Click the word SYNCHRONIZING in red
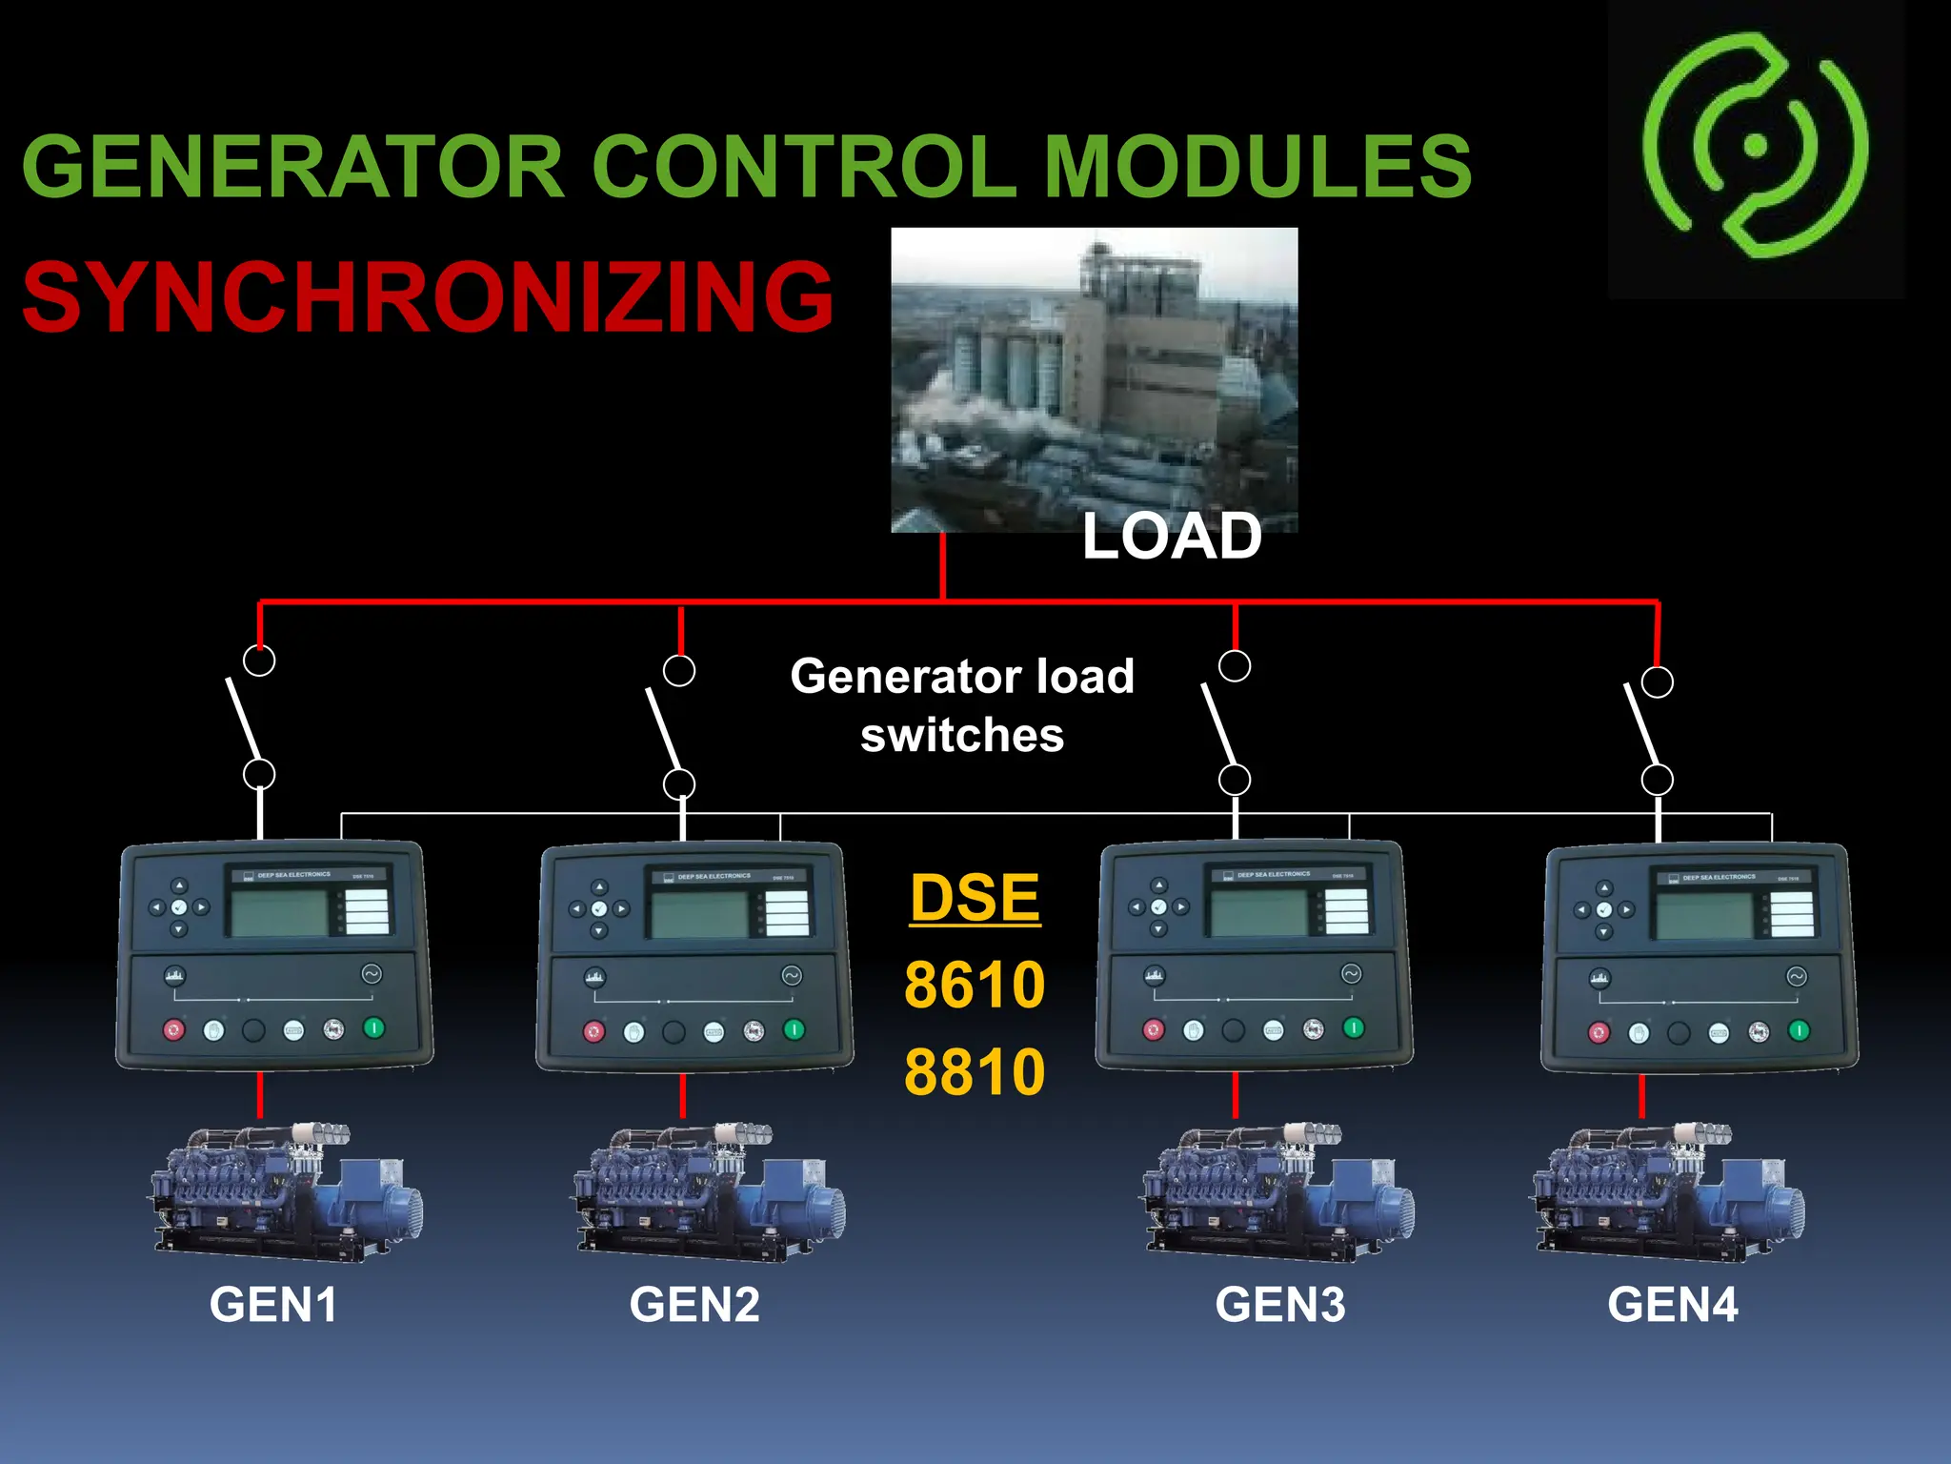(x=428, y=297)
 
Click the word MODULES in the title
(x=1257, y=167)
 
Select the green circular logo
(x=1756, y=146)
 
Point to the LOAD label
(x=1171, y=537)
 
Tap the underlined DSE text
(x=975, y=898)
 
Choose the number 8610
(x=975, y=985)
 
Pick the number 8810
(x=975, y=1071)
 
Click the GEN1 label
(x=273, y=1305)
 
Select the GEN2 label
(x=694, y=1305)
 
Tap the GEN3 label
(x=1280, y=1305)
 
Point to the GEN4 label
(x=1673, y=1305)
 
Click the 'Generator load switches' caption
(x=962, y=705)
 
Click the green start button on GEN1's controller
(x=374, y=1027)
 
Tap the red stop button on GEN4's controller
(x=1599, y=1032)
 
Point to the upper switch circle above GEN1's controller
(x=259, y=660)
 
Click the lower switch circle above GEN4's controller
(x=1658, y=780)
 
